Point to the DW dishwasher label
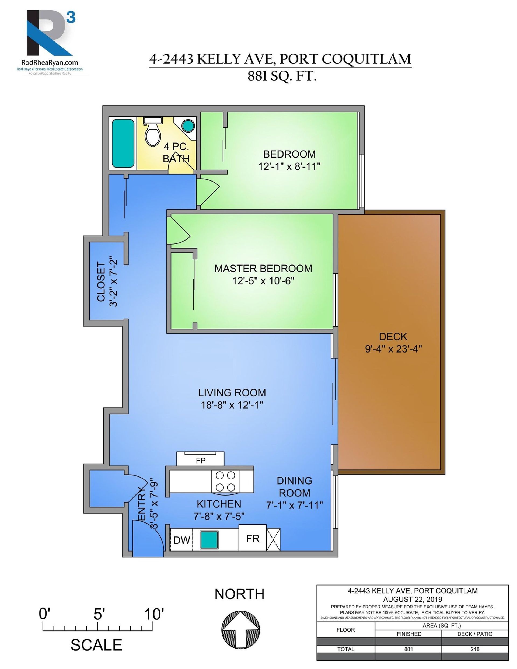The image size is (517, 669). [182, 540]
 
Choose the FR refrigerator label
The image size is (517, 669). [253, 538]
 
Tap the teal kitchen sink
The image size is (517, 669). [209, 540]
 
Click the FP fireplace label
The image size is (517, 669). [201, 460]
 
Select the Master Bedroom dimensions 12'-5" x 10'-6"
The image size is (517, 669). [263, 281]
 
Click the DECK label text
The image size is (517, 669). [393, 337]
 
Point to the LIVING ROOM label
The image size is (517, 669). [232, 392]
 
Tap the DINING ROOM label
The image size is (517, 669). [294, 487]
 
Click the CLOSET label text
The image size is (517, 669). [101, 281]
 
